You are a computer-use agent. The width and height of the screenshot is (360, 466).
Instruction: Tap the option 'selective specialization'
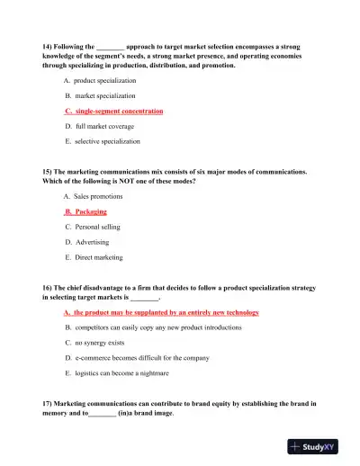(x=106, y=141)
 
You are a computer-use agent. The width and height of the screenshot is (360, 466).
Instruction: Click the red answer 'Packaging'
(x=85, y=211)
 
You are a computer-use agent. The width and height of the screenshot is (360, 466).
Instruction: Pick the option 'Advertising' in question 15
(x=91, y=242)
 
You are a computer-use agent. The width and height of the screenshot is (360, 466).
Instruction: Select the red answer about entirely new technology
(x=162, y=312)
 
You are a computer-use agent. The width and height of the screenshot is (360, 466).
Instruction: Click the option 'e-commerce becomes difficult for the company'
(x=135, y=358)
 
